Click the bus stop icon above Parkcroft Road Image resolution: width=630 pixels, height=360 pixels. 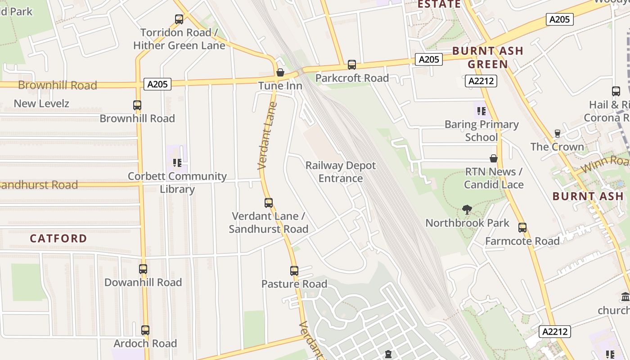352,65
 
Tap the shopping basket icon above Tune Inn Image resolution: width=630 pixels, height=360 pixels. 280,72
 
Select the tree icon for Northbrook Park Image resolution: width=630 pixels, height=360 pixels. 467,209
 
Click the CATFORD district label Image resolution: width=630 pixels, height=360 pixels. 58,238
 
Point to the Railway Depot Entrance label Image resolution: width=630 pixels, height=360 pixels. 341,172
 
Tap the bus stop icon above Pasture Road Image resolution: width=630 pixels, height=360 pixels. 294,271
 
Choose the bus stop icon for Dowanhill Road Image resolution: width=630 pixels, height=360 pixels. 143,269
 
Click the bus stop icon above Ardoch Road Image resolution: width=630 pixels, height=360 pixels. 145,330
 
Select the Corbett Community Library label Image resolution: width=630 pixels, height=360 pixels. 177,182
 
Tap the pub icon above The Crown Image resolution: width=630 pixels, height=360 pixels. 557,134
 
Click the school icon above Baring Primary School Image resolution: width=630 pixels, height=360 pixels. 481,111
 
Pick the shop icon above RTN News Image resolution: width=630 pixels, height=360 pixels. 494,158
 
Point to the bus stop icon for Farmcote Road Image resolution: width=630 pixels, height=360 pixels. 522,228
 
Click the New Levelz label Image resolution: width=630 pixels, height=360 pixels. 41,103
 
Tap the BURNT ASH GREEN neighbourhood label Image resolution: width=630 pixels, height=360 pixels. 488,58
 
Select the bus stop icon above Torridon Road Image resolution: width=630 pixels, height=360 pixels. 179,19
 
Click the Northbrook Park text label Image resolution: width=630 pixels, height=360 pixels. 468,223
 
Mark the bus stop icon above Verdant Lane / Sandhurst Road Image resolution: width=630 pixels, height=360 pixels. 269,203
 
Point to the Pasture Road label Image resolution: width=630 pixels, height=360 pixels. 294,284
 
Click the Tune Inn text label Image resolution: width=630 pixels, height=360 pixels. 280,85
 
